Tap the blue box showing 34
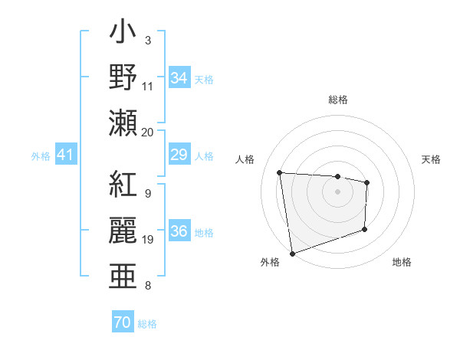[179, 77]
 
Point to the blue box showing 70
[122, 322]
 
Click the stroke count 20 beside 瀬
[148, 132]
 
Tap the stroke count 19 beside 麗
[148, 240]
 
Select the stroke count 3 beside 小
[147, 40]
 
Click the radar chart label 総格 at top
[337, 100]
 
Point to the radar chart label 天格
[432, 160]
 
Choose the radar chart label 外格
[270, 263]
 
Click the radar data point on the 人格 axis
[280, 172]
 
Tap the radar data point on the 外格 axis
[292, 253]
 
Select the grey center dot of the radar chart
[337, 191]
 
